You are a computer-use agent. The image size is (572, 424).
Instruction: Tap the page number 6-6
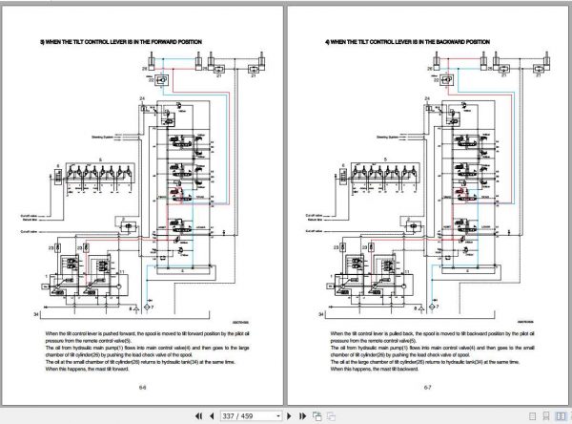pyautogui.click(x=142, y=388)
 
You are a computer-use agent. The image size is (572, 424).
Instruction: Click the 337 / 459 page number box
pyautogui.click(x=251, y=416)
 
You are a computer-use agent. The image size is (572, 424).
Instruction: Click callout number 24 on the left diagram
pyautogui.click(x=142, y=99)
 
